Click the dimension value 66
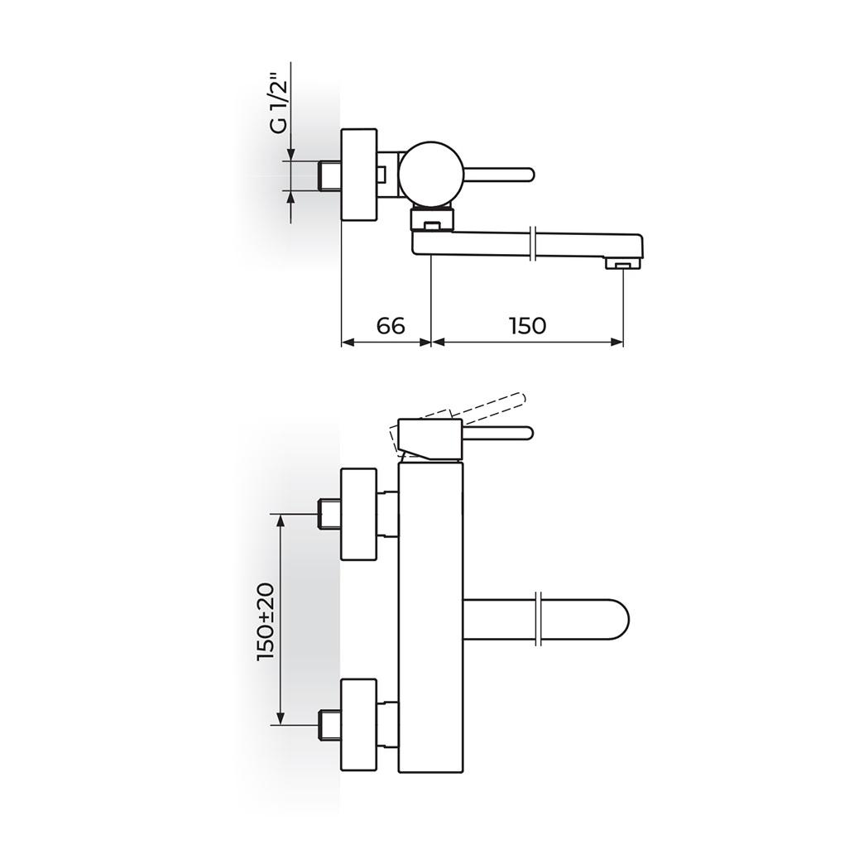point(391,326)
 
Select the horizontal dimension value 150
point(527,326)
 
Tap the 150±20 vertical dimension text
point(265,621)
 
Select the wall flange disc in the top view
point(359,174)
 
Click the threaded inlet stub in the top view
point(330,175)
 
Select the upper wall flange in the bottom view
point(359,513)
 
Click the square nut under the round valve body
point(431,220)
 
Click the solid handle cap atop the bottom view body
point(430,439)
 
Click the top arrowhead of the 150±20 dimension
point(282,519)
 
